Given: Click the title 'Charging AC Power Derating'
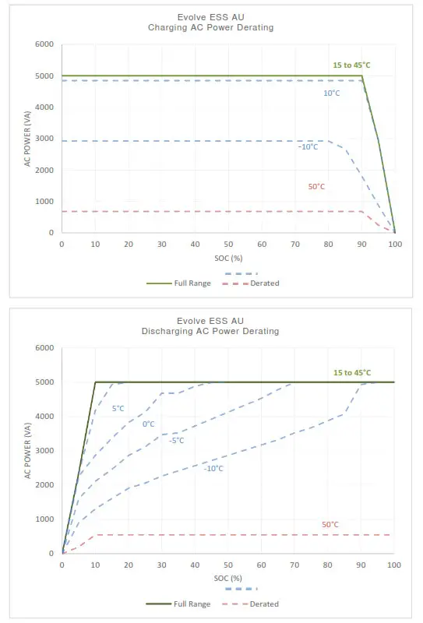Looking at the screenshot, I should click(211, 27).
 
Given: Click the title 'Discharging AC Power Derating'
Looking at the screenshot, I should click(211, 331).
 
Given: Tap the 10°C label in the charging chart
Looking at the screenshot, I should click(331, 93).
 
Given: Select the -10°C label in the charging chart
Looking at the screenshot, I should click(308, 146).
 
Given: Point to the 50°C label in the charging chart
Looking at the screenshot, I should click(317, 187).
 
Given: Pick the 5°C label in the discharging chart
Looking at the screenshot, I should click(118, 407).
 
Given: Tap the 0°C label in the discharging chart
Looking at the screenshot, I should click(148, 424).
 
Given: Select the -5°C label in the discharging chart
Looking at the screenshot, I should click(177, 440).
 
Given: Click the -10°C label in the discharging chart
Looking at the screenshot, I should click(213, 468).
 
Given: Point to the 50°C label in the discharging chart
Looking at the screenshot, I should click(330, 524).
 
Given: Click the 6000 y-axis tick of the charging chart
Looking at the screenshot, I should click(44, 44).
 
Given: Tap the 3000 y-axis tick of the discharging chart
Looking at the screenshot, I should click(44, 450).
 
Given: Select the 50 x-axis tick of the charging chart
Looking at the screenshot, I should click(228, 244).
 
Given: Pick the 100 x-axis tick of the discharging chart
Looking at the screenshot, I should click(394, 564).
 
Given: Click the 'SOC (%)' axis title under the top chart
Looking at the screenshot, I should click(228, 256).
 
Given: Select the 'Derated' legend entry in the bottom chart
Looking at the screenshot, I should click(264, 604).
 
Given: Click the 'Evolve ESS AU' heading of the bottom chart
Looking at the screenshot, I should click(211, 320).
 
